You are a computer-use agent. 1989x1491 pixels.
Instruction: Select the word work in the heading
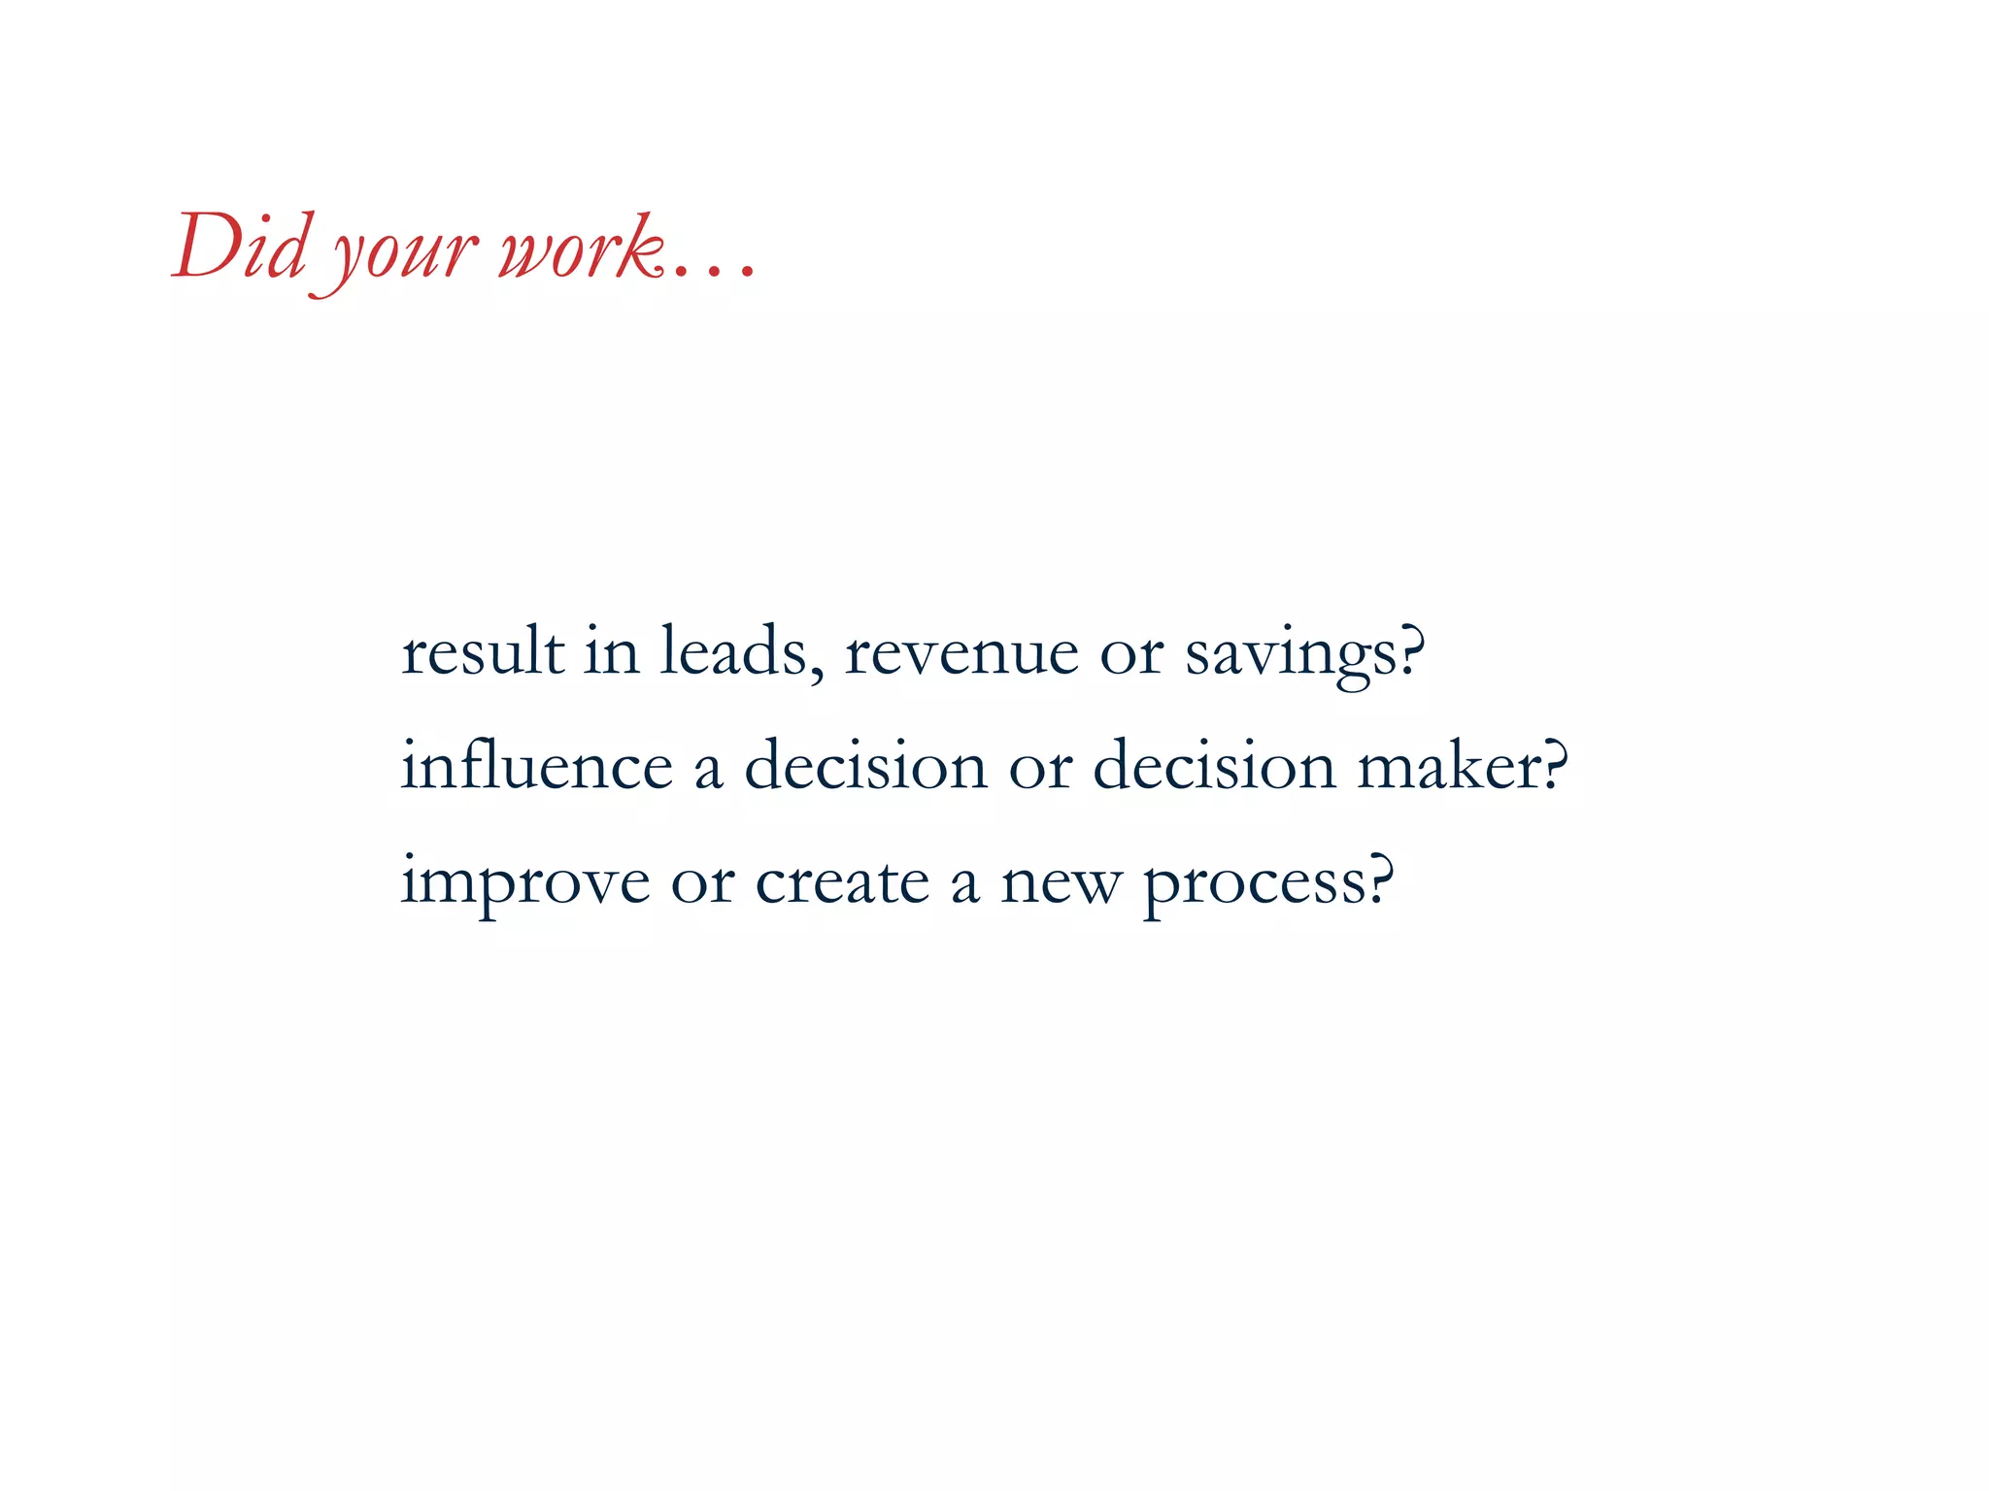581,248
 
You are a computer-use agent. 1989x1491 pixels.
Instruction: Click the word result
483,651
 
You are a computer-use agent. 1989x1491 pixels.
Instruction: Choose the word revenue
961,653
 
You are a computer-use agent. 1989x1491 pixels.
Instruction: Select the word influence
537,765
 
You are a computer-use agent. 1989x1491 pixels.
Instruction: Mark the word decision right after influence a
865,765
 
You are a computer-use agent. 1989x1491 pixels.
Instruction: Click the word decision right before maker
1214,765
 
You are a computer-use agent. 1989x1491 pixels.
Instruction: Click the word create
842,881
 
